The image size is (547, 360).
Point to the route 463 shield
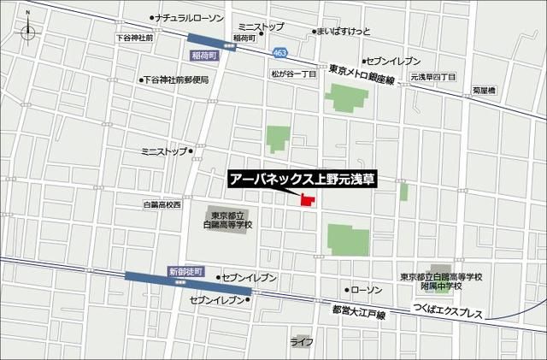click(280, 52)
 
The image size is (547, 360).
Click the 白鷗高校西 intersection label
click(162, 205)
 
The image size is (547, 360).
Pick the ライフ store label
click(301, 342)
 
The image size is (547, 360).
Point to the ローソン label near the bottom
click(368, 291)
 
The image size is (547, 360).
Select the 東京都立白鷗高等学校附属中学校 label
click(441, 282)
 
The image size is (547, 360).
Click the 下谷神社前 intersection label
click(134, 38)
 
